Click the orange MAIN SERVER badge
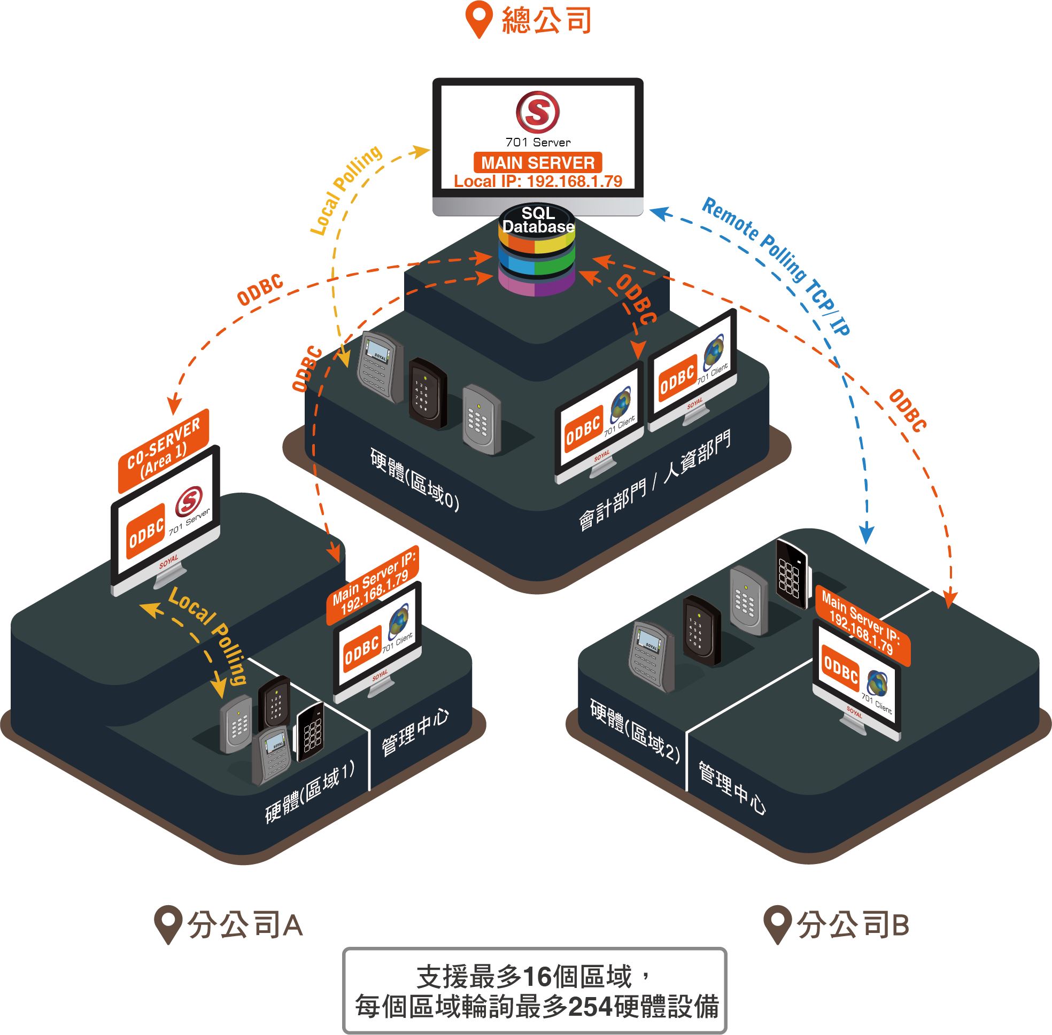[537, 162]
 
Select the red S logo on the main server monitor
[537, 112]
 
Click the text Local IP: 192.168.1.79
[537, 181]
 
